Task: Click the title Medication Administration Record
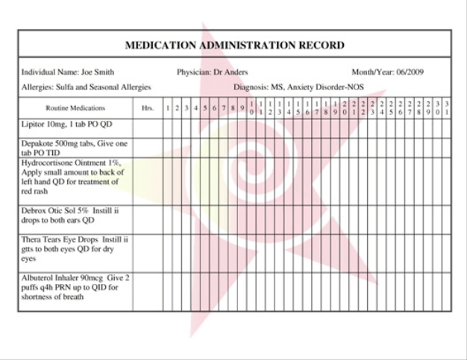point(234,45)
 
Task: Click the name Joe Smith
point(98,72)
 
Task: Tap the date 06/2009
point(410,72)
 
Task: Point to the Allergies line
point(86,87)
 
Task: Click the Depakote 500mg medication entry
point(75,147)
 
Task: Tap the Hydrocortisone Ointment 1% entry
point(75,177)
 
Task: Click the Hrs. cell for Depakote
point(148,147)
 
